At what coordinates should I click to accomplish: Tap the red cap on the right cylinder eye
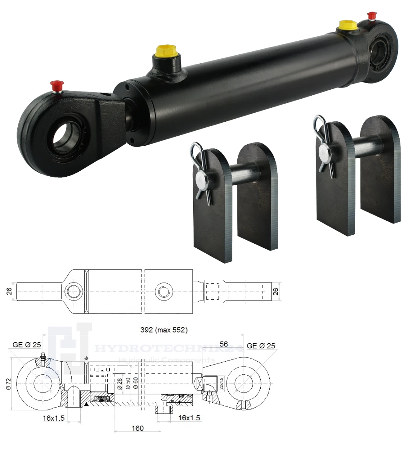372,16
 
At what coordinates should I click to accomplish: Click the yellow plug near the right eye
348,25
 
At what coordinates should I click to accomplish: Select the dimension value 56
224,344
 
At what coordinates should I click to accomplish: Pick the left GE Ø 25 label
27,345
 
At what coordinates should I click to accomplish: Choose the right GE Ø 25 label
261,345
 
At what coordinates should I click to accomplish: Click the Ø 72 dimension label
9,383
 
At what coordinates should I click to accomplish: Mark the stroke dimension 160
137,428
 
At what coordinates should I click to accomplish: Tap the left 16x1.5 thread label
53,418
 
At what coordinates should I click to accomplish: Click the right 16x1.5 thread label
189,418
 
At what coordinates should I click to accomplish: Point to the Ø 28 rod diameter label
119,383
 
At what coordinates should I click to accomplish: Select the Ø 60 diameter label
135,383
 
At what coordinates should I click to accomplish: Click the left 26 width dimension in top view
9,291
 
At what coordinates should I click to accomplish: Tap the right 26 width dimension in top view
276,291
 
